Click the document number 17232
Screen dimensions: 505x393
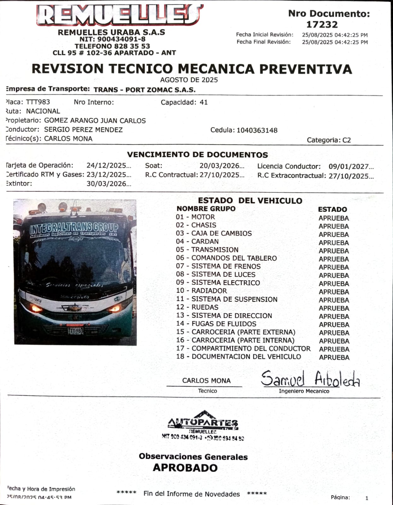point(322,24)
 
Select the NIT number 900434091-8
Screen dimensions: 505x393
point(121,39)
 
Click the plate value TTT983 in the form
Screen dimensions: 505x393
point(38,102)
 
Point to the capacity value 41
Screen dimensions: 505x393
point(204,102)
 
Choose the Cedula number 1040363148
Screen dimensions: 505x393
point(257,130)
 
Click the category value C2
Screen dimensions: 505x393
point(347,140)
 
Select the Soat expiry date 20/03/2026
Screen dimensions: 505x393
point(222,166)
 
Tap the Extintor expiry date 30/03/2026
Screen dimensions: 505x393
point(109,184)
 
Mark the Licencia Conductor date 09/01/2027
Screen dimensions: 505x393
point(351,167)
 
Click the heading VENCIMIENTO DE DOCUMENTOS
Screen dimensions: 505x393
point(197,155)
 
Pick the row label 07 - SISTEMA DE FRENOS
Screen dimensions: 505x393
point(218,266)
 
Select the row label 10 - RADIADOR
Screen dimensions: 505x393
point(202,291)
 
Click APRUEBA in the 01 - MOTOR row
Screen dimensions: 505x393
point(333,218)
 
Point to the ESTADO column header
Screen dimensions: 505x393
point(332,209)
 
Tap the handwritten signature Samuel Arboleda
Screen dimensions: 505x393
point(310,379)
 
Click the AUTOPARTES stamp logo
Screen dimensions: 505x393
point(203,425)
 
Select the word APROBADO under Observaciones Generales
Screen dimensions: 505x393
point(185,468)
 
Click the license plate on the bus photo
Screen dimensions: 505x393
point(76,331)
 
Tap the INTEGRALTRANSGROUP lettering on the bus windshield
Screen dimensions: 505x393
point(74,228)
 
